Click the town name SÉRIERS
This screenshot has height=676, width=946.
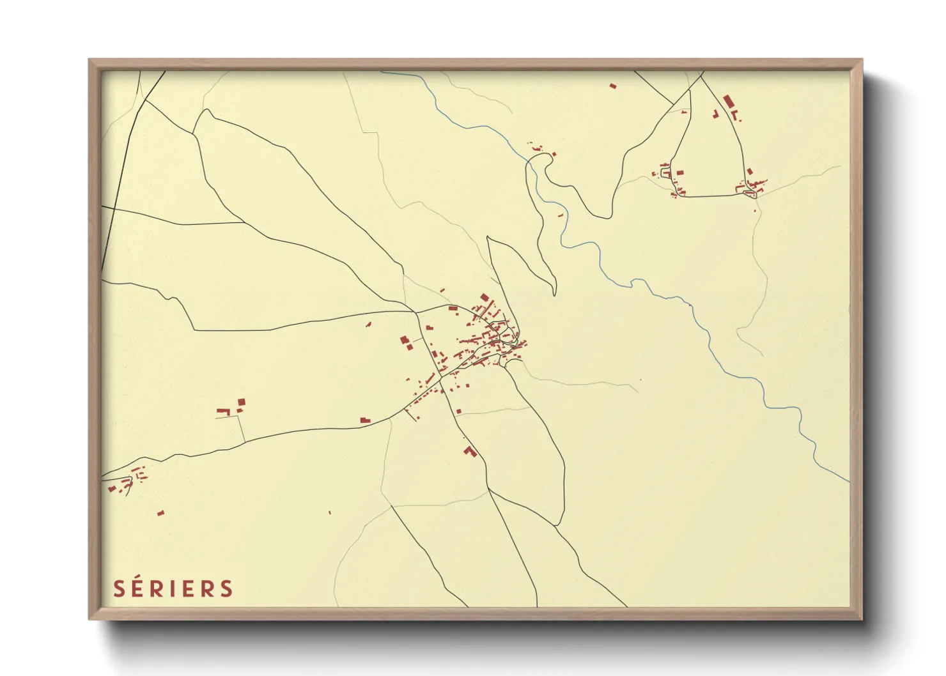point(173,588)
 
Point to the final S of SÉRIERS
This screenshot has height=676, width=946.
point(227,588)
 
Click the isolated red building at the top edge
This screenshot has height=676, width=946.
point(613,85)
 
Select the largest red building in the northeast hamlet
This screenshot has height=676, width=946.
point(727,102)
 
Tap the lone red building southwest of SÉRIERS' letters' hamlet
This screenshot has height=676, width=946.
point(160,512)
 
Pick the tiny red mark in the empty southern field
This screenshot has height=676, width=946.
point(330,512)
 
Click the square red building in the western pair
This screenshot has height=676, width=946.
point(242,402)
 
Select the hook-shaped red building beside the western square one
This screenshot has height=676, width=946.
point(223,411)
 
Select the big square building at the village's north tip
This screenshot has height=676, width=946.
point(484,297)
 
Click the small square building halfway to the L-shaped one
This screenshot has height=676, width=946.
point(459,411)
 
